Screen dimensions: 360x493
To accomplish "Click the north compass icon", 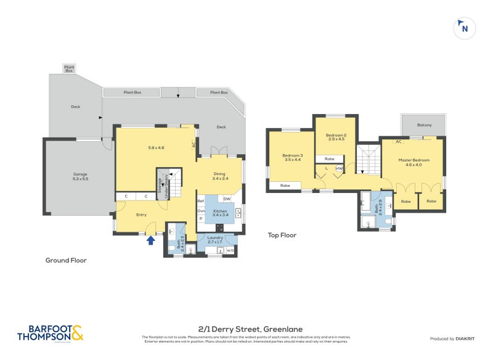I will tap(465, 28).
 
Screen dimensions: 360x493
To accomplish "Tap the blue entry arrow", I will tap(150, 240).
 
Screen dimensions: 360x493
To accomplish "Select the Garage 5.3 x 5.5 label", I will tap(76, 176).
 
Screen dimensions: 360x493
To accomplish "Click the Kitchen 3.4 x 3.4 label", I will tap(220, 213).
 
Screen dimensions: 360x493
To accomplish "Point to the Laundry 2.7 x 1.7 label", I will tap(214, 239).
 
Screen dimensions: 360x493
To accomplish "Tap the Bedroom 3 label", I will tap(293, 157).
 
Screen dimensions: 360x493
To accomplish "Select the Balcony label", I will tap(424, 125).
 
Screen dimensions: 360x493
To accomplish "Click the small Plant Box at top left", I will tap(69, 68).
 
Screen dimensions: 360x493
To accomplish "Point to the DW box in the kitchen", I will tap(227, 198).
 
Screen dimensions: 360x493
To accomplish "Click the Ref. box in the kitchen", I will tap(201, 201).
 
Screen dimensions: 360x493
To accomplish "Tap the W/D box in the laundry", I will tap(230, 250).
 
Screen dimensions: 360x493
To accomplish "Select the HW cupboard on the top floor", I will tap(338, 168).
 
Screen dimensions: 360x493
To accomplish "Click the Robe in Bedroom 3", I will tap(285, 185).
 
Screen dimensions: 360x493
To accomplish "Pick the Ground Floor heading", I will tap(66, 260).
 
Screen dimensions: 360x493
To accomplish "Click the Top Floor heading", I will tap(282, 235).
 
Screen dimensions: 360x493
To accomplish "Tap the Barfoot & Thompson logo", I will tap(49, 333).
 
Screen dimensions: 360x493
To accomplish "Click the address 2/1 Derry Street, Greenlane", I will tap(246, 329).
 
